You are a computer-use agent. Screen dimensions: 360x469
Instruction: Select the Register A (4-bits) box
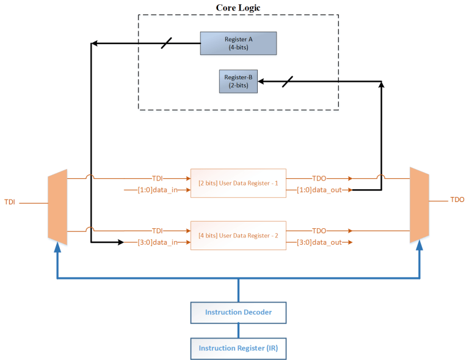tap(238, 43)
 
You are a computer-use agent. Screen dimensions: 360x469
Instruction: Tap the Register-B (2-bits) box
tap(238, 82)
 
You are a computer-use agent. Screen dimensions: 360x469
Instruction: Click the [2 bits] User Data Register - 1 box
tap(238, 183)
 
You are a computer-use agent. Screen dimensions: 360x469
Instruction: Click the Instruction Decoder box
tap(238, 312)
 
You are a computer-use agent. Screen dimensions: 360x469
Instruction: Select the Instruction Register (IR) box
tap(238, 348)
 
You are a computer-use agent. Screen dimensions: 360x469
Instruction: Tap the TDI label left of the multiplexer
tap(10, 201)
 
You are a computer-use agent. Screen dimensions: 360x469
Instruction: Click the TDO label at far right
tap(457, 200)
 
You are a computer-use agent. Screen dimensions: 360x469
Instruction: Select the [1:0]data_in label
tap(152, 190)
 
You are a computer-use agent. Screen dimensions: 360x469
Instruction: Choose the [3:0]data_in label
tap(152, 243)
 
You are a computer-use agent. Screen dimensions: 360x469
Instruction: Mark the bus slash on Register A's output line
tap(165, 43)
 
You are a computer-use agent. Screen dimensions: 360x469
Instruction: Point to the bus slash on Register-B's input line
tap(287, 82)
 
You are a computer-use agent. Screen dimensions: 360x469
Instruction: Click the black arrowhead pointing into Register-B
tap(262, 82)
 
